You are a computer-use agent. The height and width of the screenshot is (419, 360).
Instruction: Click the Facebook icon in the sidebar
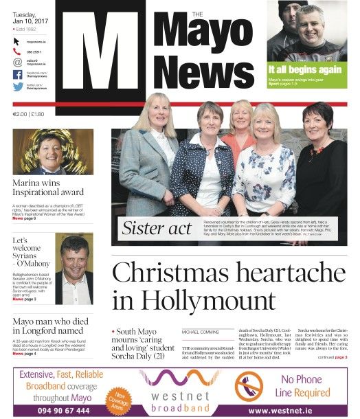[18, 74]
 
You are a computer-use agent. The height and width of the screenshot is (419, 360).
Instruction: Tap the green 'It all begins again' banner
[306, 71]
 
